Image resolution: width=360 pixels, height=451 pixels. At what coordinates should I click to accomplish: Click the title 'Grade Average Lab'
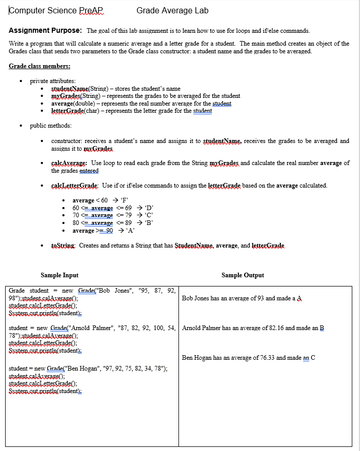coord(172,10)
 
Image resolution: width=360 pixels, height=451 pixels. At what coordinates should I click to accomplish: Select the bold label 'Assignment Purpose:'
coord(46,31)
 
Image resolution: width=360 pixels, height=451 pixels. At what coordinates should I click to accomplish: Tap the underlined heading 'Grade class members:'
coord(39,66)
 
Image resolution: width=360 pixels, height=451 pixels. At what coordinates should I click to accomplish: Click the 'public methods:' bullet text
coord(51,126)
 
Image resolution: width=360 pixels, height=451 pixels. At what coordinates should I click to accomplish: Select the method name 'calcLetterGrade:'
coord(75,185)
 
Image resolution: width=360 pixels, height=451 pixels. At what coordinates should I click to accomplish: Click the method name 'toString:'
coord(64,245)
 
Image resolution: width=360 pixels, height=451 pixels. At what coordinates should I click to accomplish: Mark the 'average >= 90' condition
coord(92,231)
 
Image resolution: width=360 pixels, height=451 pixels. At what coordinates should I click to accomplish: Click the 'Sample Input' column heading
coord(59,275)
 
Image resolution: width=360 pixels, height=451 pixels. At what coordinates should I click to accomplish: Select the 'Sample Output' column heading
coord(243,275)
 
